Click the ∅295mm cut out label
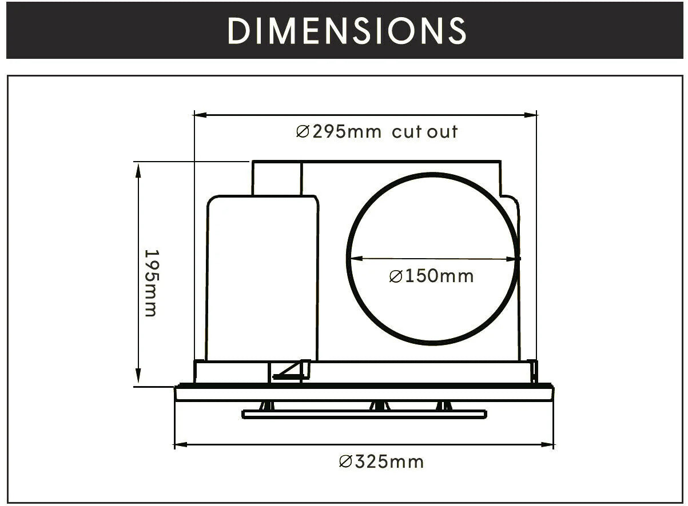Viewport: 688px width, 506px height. (x=377, y=132)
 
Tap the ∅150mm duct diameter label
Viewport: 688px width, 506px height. (x=431, y=276)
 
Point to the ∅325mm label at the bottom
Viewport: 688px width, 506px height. (x=381, y=461)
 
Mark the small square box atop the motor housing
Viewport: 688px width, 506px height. (x=277, y=178)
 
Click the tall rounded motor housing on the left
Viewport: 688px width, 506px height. (x=261, y=280)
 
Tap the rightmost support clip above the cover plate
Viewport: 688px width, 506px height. (x=444, y=406)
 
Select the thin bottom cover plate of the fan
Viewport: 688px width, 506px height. (x=364, y=414)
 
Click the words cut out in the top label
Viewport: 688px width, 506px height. (x=425, y=132)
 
